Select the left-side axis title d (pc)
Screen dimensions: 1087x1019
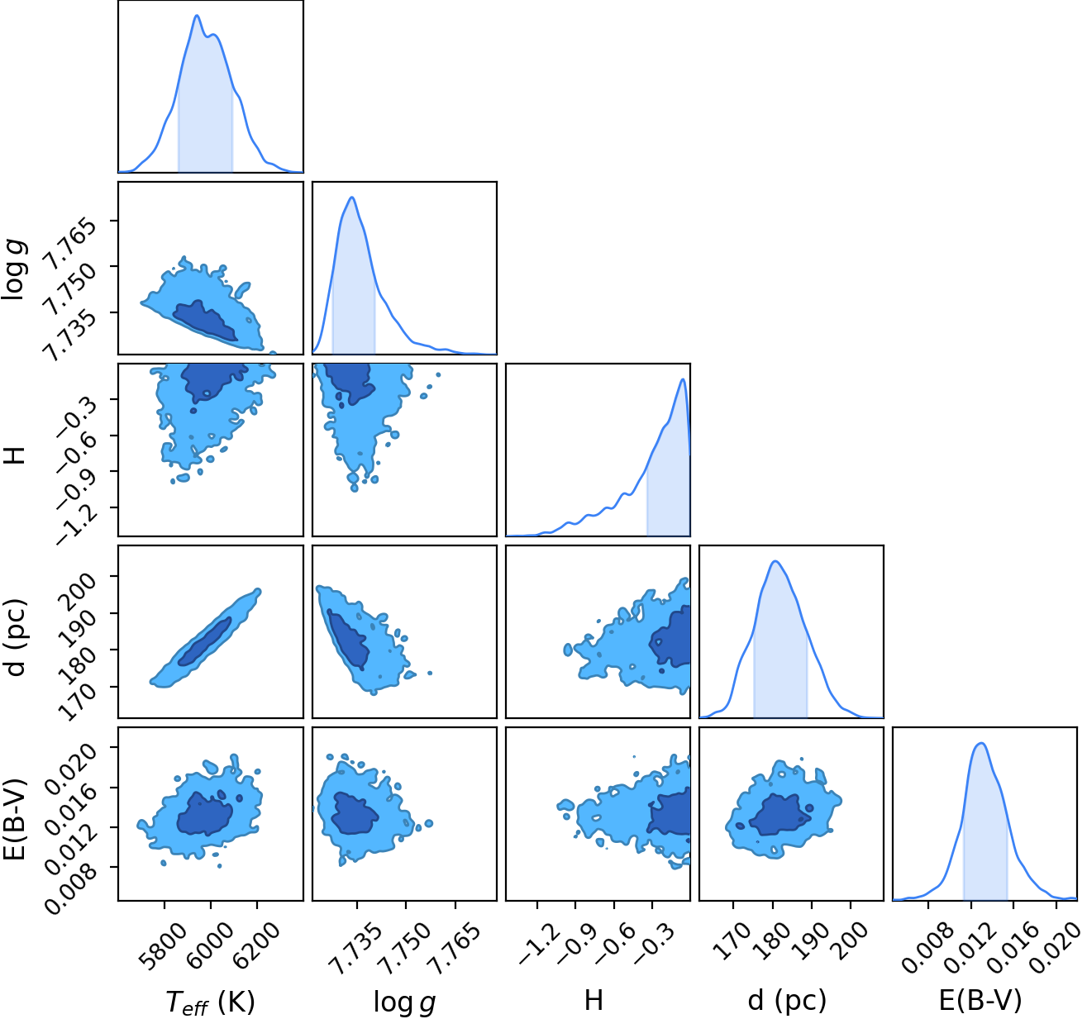[17, 637]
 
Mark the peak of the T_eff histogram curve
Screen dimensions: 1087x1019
[197, 16]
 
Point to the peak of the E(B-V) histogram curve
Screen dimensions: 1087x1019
[981, 743]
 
